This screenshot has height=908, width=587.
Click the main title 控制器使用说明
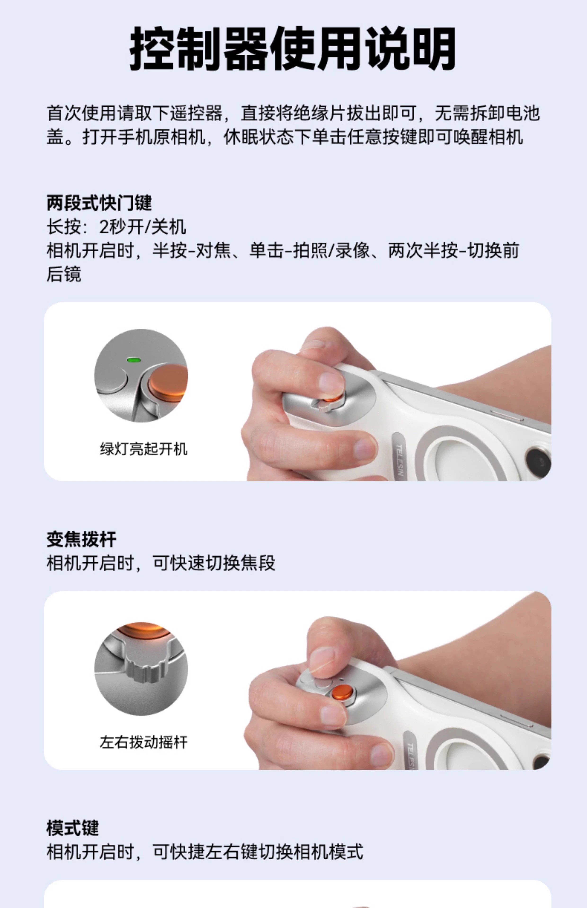(293, 49)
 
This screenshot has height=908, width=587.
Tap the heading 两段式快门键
(99, 203)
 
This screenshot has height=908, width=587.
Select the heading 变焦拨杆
(81, 539)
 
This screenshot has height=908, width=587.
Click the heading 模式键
(72, 828)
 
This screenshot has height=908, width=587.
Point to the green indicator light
(134, 359)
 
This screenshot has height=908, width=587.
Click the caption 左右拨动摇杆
(144, 742)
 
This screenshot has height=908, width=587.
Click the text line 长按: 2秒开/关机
(116, 227)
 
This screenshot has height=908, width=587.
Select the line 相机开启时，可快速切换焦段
(161, 563)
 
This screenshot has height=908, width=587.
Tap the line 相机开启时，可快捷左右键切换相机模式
(205, 852)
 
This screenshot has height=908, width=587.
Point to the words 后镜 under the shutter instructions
(64, 274)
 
